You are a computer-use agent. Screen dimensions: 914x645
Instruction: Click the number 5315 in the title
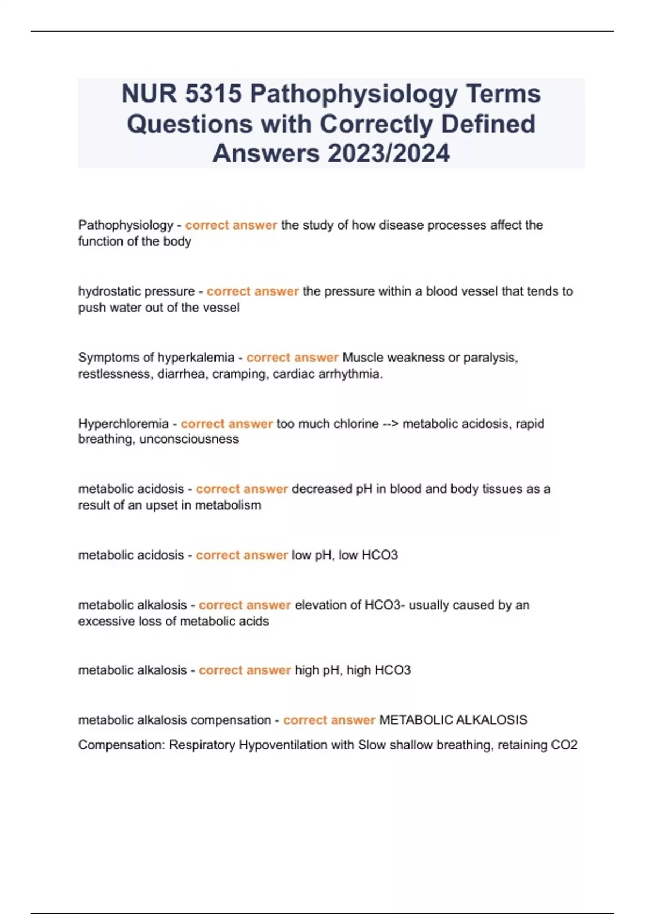coord(213,94)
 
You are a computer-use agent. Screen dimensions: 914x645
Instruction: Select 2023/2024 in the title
coord(388,153)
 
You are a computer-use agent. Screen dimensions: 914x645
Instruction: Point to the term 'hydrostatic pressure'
coord(137,291)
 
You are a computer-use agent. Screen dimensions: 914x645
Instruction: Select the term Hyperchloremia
coord(123,424)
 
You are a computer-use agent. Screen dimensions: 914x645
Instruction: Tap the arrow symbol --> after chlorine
coord(390,424)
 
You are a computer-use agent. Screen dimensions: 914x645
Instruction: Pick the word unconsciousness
coord(189,439)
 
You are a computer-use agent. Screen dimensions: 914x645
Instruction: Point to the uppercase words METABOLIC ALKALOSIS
coord(453,720)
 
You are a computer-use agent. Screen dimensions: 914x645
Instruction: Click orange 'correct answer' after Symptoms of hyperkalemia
coord(292,358)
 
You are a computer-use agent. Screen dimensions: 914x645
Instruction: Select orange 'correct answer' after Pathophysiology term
coord(231,225)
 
